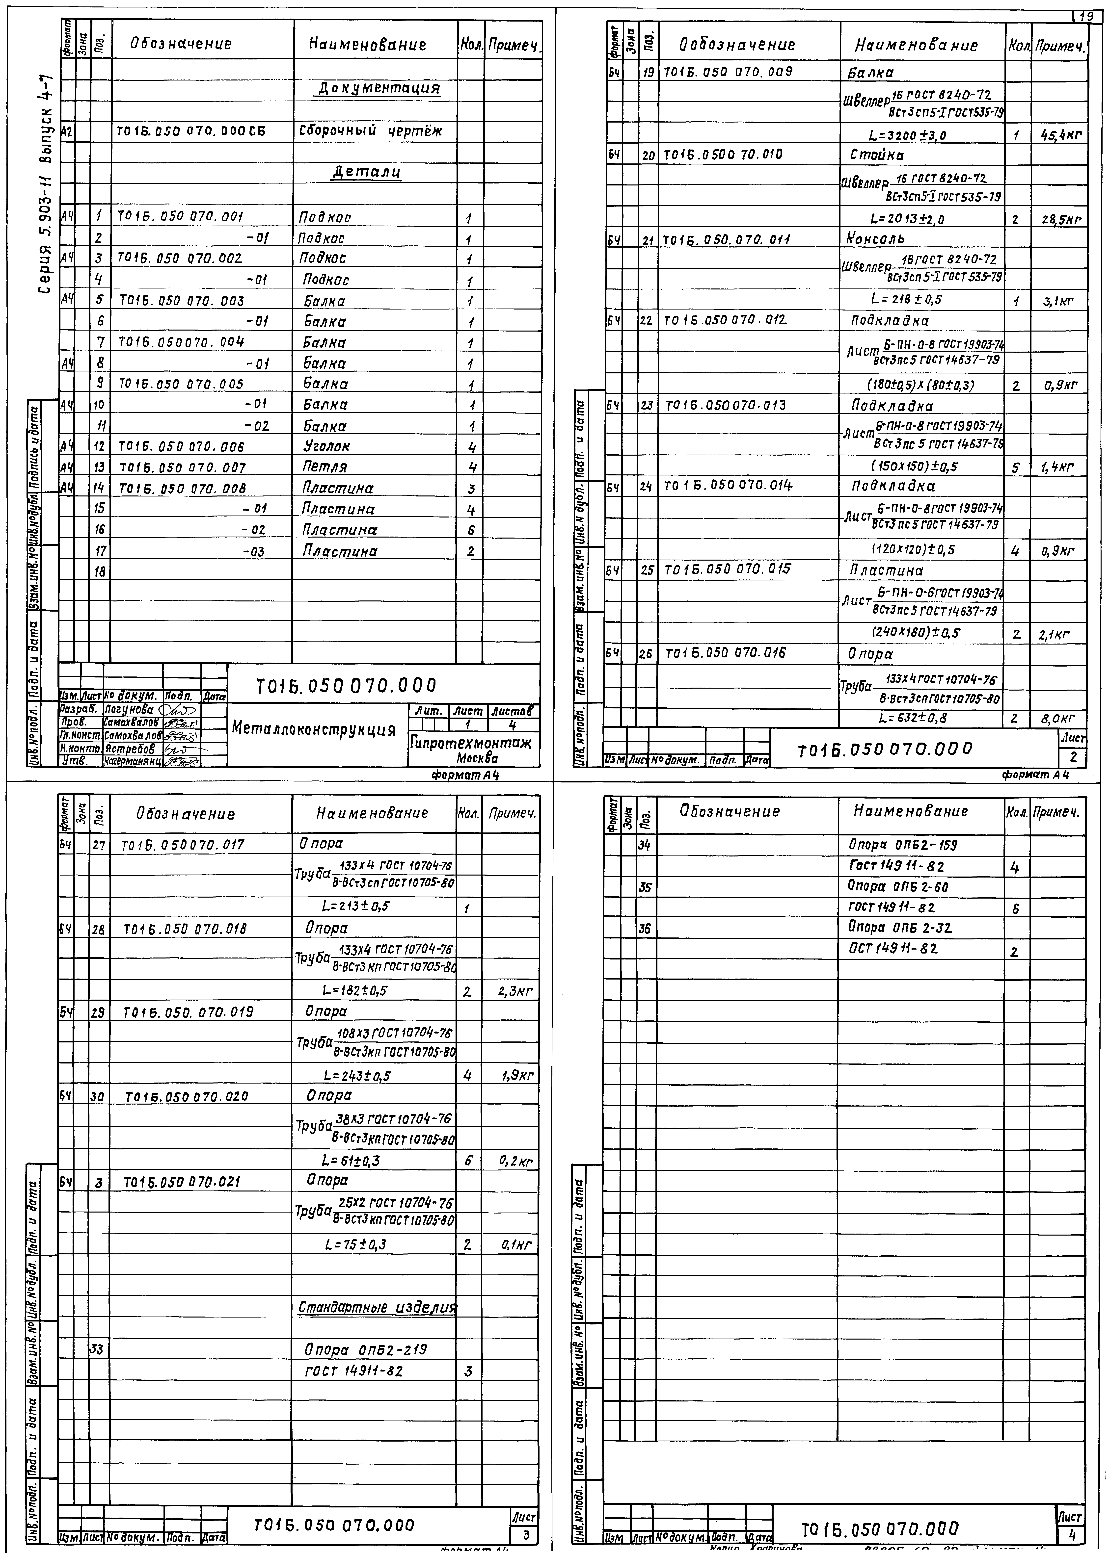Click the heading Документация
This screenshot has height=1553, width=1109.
[379, 89]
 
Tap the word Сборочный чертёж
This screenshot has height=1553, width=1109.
[371, 131]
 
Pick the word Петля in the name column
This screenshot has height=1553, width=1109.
[325, 468]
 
